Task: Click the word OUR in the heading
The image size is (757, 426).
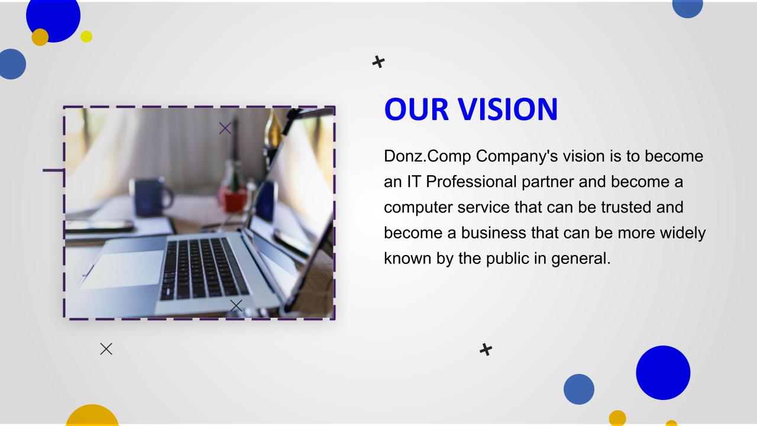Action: point(416,109)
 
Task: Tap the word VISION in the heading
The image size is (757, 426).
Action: point(507,109)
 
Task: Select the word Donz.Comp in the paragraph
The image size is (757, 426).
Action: point(428,157)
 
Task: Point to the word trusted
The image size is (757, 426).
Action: point(626,207)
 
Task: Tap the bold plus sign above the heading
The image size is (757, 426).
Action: point(378,62)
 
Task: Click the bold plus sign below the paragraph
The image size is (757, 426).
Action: point(486,350)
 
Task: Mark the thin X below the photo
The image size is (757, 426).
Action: point(106,349)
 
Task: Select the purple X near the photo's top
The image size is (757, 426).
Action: point(225,128)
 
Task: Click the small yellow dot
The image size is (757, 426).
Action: point(86,37)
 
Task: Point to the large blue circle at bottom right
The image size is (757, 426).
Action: point(663,373)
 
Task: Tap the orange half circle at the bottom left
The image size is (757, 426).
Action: point(92,415)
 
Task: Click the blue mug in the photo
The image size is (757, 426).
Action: point(150,197)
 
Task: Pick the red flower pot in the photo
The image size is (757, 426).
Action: point(235,201)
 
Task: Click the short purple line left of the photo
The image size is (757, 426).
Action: point(53,170)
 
